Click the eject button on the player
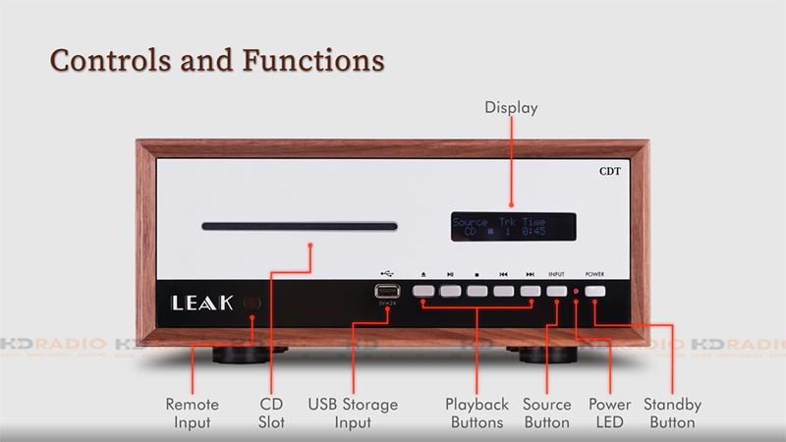pyautogui.click(x=423, y=291)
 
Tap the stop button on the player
pyautogui.click(x=477, y=291)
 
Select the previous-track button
pyautogui.click(x=503, y=291)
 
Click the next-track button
pyautogui.click(x=531, y=291)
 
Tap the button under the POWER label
pyautogui.click(x=594, y=291)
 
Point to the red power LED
pyautogui.click(x=576, y=292)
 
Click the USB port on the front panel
pyautogui.click(x=386, y=291)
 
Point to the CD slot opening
pyautogui.click(x=299, y=227)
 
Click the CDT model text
pyautogui.click(x=612, y=170)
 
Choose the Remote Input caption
pyautogui.click(x=192, y=413)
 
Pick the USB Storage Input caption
pyautogui.click(x=353, y=413)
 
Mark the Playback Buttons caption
pyautogui.click(x=477, y=413)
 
